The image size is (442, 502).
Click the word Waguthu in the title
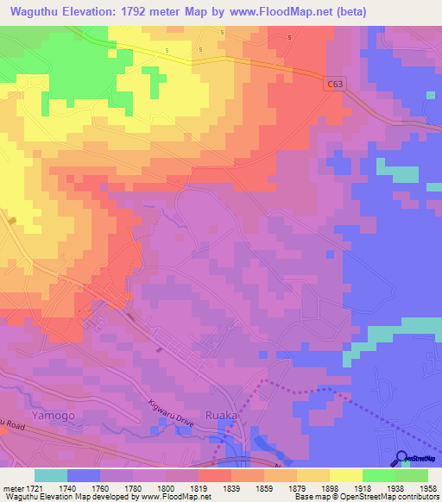point(35,12)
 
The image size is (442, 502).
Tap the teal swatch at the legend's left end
point(51,475)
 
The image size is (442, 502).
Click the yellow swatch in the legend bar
point(345,475)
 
